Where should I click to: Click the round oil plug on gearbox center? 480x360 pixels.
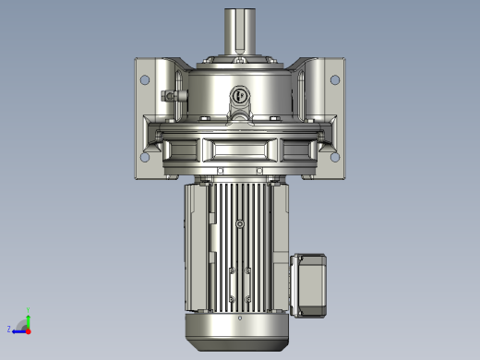coord(240,94)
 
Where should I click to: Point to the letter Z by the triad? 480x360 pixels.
coord(9,329)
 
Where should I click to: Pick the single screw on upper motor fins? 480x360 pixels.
coord(240,223)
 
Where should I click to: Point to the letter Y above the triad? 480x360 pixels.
coord(28,308)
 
